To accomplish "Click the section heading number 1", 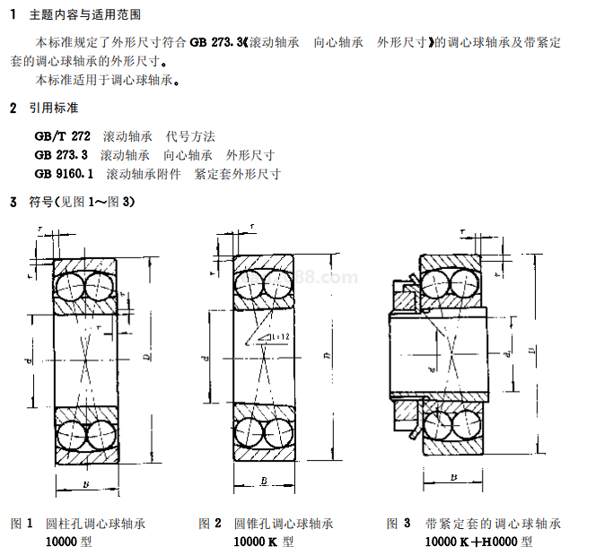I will (13, 15).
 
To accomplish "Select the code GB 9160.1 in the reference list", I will (64, 173).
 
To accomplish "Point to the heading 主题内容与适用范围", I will (84, 15).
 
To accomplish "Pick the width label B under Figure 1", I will (85, 484).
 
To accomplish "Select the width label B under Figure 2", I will (265, 481).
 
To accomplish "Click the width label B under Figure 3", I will (453, 478).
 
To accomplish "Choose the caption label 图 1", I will (22, 523).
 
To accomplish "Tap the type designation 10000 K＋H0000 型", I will (478, 542).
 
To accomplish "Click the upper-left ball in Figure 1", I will (69, 287).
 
